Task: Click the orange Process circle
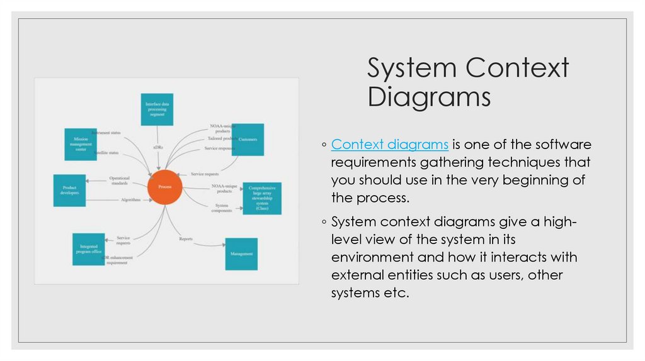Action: coord(165,187)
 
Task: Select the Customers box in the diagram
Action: coord(248,139)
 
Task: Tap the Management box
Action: coord(241,254)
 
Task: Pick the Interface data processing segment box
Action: coord(156,109)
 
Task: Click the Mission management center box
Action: coord(81,145)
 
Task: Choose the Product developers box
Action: coord(69,191)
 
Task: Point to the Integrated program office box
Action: coord(88,249)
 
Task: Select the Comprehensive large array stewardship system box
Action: coord(262,199)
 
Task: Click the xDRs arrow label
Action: coord(158,147)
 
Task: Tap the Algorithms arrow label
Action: coord(130,200)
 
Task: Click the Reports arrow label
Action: coord(186,239)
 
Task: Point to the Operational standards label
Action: coord(118,181)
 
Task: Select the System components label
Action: coord(222,208)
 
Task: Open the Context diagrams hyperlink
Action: coord(389,145)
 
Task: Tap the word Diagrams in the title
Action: coord(429,97)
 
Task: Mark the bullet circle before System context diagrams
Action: coord(323,221)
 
